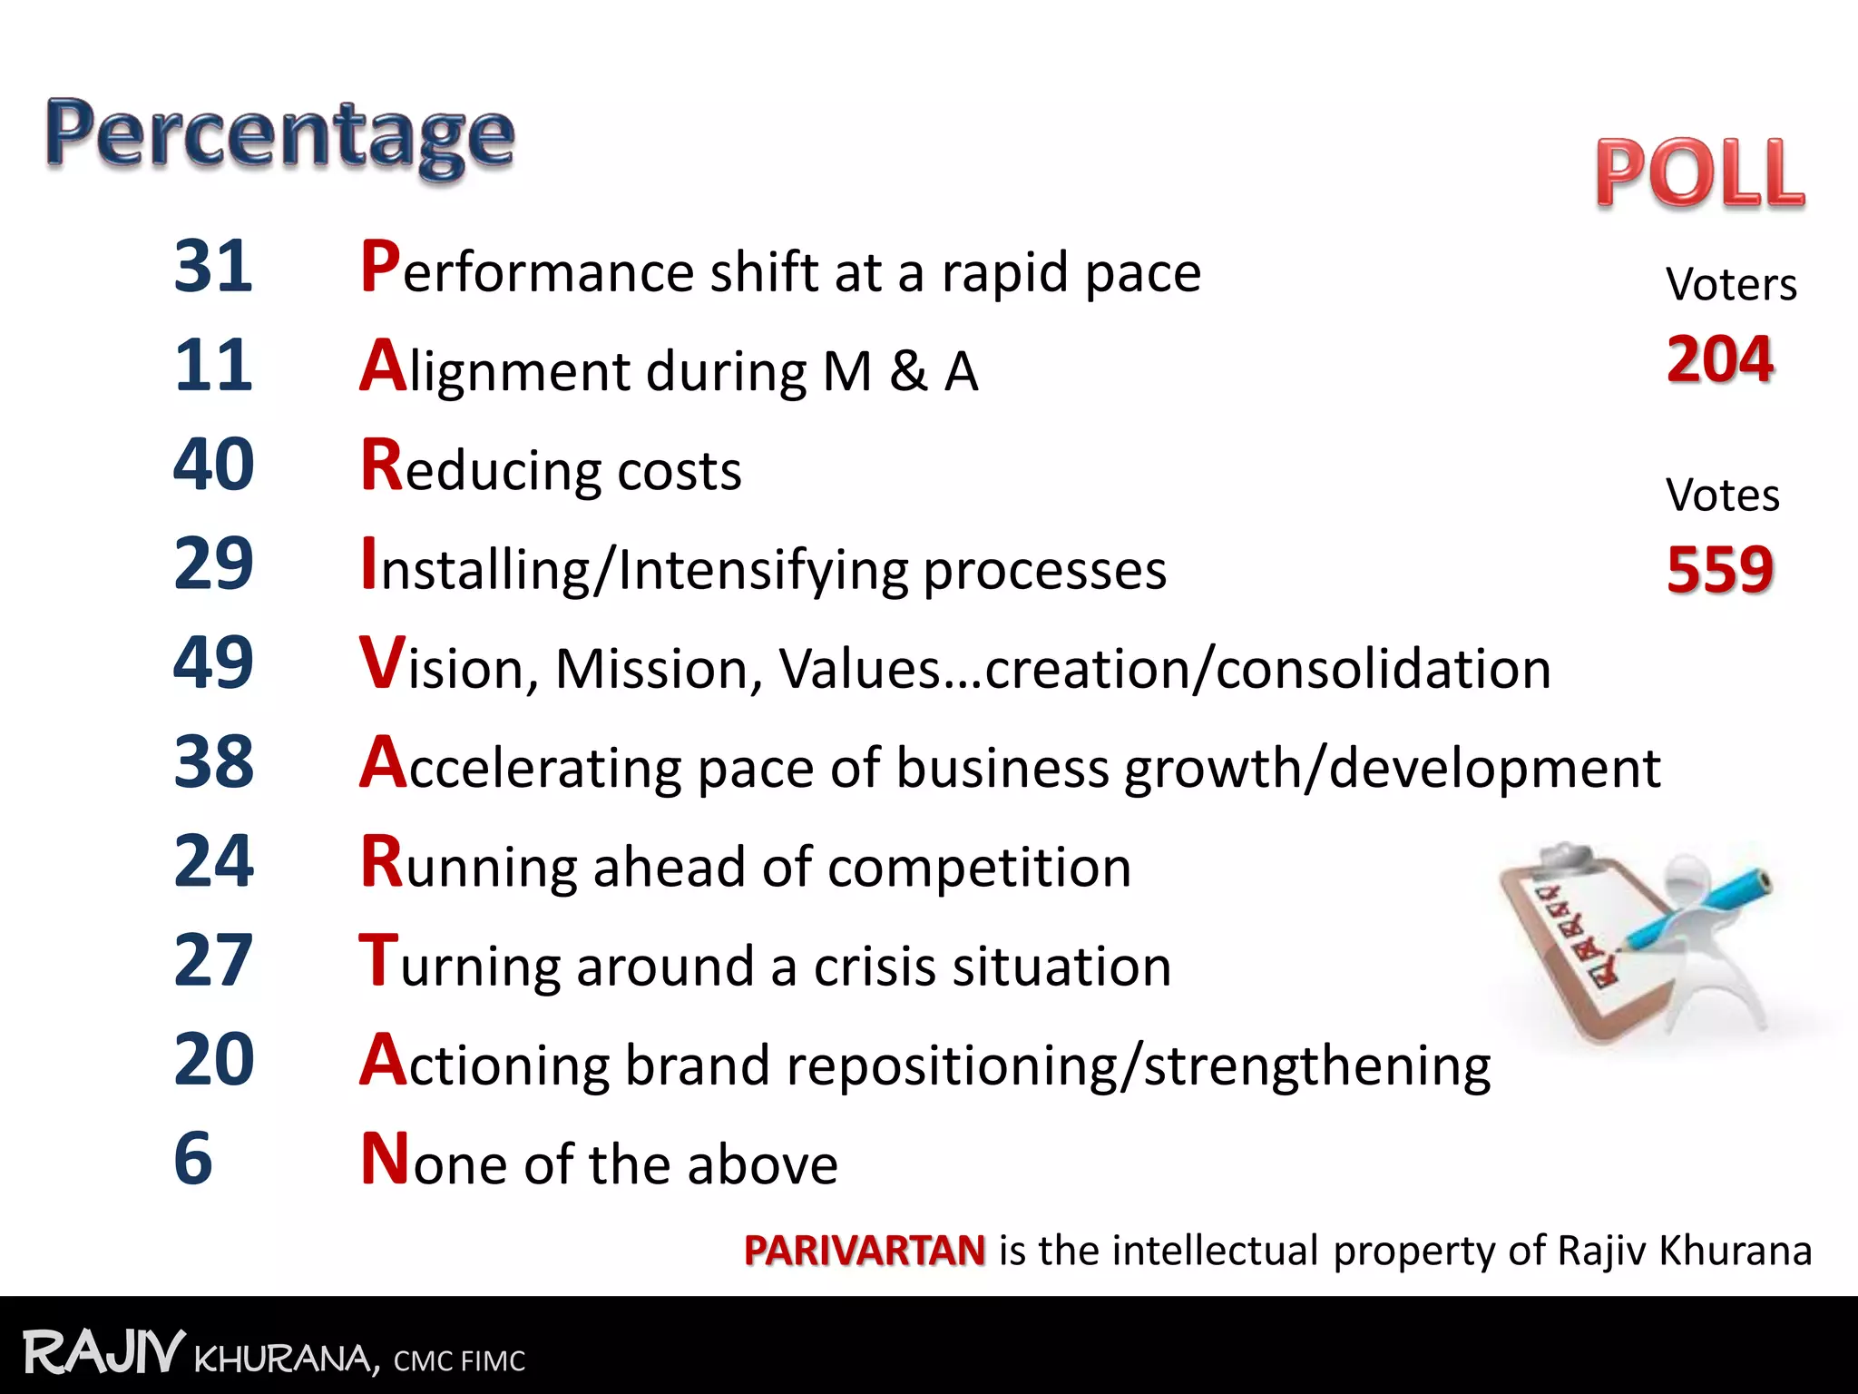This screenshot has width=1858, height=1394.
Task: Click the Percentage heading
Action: pyautogui.click(x=280, y=136)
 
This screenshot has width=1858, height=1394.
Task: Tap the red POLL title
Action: pyautogui.click(x=1700, y=173)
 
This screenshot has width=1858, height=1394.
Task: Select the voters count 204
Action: pyautogui.click(x=1720, y=359)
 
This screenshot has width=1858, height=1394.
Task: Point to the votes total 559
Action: pyautogui.click(x=1720, y=570)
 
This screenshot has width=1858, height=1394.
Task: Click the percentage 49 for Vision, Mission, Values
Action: pyautogui.click(x=213, y=663)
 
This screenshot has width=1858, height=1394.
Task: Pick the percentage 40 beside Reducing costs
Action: pyautogui.click(x=213, y=465)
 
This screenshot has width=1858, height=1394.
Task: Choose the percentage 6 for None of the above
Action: pyautogui.click(x=192, y=1158)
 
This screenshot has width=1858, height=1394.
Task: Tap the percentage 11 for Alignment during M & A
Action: pyautogui.click(x=213, y=366)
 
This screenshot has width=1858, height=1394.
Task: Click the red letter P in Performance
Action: pyautogui.click(x=380, y=267)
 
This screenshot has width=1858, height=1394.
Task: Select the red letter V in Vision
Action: pyautogui.click(x=381, y=663)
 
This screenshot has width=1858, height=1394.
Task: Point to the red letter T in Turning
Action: pyautogui.click(x=378, y=960)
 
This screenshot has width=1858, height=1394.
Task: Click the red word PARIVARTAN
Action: pyautogui.click(x=864, y=1251)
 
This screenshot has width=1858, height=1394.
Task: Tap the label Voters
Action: pyautogui.click(x=1731, y=285)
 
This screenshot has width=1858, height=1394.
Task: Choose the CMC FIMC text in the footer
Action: pyautogui.click(x=459, y=1361)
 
